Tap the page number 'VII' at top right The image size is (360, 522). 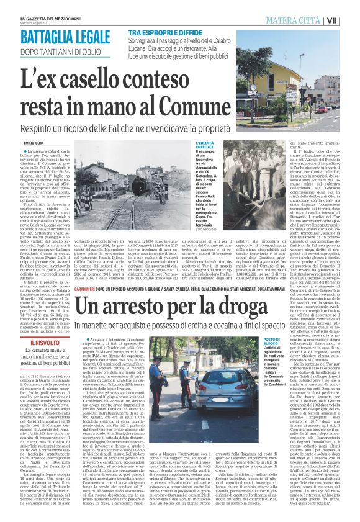[x=350, y=20]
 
